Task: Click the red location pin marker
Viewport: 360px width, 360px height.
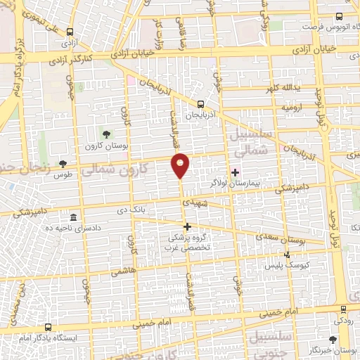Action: click(181, 165)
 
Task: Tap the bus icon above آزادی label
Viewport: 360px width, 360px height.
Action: click(70, 32)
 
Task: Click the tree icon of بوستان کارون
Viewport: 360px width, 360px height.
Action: click(106, 134)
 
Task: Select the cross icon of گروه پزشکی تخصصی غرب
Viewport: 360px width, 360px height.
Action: click(187, 226)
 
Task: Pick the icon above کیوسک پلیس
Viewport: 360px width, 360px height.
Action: click(286, 255)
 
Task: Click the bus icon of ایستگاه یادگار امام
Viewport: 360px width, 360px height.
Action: click(48, 327)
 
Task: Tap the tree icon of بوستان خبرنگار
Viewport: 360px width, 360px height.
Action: click(333, 339)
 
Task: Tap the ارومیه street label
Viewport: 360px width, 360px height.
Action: click(292, 108)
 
